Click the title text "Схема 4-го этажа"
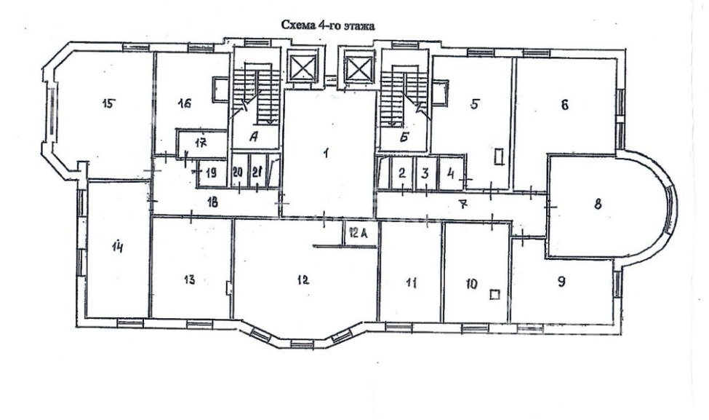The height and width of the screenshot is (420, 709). click(x=328, y=25)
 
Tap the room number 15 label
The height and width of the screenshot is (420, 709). click(x=108, y=103)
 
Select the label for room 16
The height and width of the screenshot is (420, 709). click(x=184, y=103)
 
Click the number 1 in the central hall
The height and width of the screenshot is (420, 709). click(x=326, y=154)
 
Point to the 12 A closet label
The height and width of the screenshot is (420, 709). click(x=359, y=233)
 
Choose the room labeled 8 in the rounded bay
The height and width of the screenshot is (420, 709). click(x=598, y=204)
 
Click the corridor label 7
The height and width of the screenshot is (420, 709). click(x=462, y=205)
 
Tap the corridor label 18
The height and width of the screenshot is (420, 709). click(x=212, y=202)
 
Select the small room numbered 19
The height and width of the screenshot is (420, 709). click(x=211, y=173)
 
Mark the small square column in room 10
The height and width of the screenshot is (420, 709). click(x=494, y=295)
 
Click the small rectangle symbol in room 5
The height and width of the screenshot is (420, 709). click(x=500, y=156)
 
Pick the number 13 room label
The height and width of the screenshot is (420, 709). click(x=190, y=280)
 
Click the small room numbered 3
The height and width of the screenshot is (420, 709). click(x=425, y=173)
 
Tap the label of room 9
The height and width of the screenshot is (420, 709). click(x=561, y=282)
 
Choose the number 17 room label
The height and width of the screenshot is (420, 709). click(x=201, y=143)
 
